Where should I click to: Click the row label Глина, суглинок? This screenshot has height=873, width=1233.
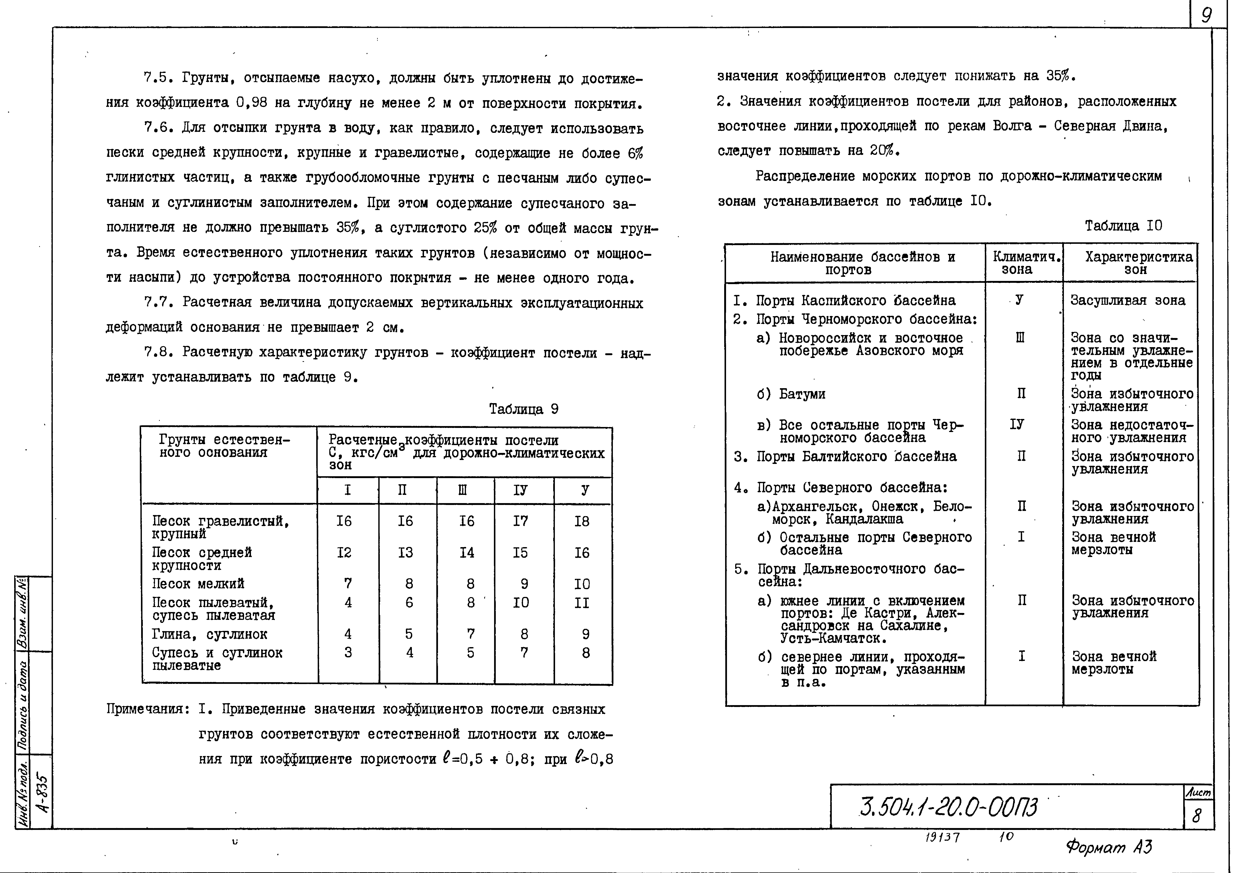[210, 634]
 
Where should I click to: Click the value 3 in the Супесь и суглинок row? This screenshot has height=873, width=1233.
[348, 653]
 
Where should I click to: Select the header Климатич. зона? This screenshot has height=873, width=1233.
[1024, 263]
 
